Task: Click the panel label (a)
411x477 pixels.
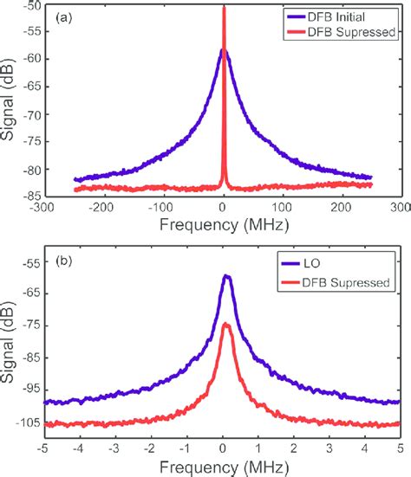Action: click(x=68, y=16)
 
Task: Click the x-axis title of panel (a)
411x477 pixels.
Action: click(x=224, y=225)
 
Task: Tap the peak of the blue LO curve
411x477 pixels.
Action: click(x=226, y=276)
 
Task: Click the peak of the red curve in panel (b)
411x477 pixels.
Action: click(x=226, y=324)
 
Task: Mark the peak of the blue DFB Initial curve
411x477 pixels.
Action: click(x=223, y=50)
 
